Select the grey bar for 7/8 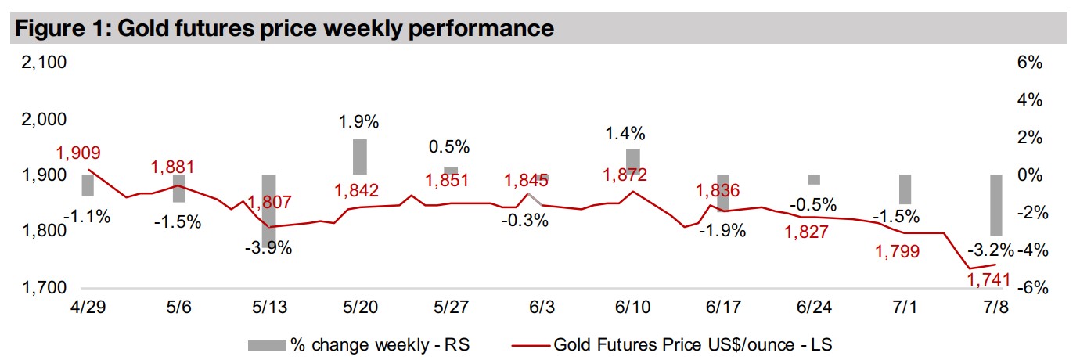(x=996, y=205)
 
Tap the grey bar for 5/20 (x=360, y=157)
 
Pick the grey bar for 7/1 (x=905, y=189)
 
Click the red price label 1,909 (x=80, y=153)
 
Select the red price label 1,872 (x=625, y=175)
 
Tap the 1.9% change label (x=358, y=122)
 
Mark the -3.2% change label (x=990, y=250)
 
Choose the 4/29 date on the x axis (x=88, y=306)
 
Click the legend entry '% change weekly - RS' (x=359, y=344)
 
